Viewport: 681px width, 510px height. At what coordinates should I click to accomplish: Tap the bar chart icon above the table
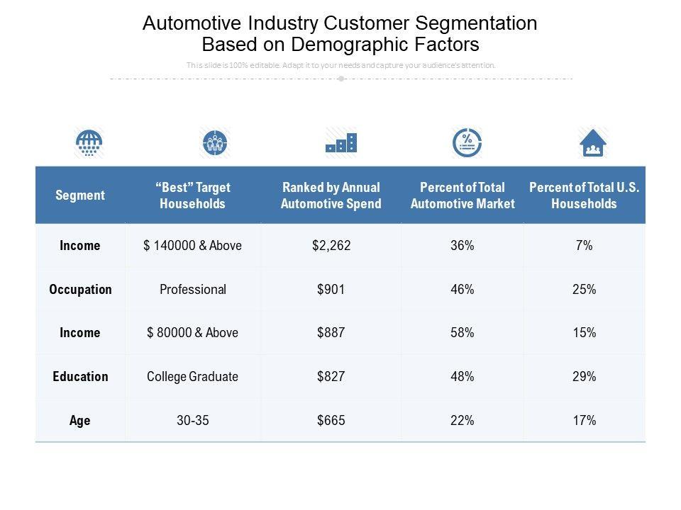click(x=340, y=143)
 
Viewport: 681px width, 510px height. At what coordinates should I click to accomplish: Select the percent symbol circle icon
click(x=467, y=143)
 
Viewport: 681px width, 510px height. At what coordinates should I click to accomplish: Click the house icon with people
click(x=593, y=143)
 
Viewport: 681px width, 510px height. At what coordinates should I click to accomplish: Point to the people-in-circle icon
click(x=215, y=143)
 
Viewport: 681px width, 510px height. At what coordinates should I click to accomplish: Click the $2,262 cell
click(x=331, y=246)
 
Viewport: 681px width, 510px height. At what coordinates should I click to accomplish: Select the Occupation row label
click(x=80, y=289)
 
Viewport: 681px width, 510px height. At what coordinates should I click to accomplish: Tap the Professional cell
click(x=193, y=289)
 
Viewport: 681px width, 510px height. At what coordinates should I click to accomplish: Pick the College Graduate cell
click(x=192, y=376)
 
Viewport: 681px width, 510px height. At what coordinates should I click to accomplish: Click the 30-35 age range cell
click(x=193, y=420)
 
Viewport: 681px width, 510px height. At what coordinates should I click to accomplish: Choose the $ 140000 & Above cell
click(x=192, y=246)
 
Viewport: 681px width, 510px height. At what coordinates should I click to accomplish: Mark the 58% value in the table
click(x=462, y=333)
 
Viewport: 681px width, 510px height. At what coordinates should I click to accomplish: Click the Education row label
click(x=80, y=376)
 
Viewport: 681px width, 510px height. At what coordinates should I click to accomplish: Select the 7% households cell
click(x=585, y=246)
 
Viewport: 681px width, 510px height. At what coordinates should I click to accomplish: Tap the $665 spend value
click(x=331, y=420)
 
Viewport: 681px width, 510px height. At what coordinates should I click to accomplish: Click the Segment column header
click(x=80, y=195)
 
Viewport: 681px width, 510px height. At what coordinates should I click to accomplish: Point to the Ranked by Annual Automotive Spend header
click(x=331, y=195)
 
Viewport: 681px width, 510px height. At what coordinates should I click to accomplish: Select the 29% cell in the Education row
click(x=585, y=376)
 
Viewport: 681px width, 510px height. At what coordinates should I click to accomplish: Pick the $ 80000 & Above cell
click(x=192, y=333)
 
